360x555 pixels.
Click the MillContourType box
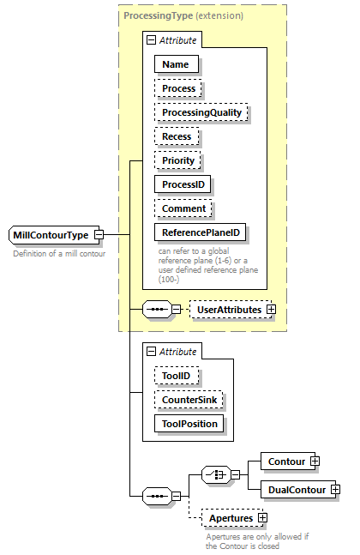(x=51, y=235)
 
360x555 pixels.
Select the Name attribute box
(x=177, y=63)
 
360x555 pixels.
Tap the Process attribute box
(x=179, y=87)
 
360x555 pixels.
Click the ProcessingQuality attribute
(x=201, y=112)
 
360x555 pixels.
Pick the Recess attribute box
(x=177, y=136)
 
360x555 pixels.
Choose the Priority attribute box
(x=178, y=160)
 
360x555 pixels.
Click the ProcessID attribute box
(x=183, y=184)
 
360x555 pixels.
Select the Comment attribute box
(x=184, y=208)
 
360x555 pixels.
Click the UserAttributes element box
(x=227, y=309)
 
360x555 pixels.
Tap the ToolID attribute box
(x=177, y=375)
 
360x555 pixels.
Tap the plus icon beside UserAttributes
(x=271, y=309)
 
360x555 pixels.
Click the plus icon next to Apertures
(x=262, y=518)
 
